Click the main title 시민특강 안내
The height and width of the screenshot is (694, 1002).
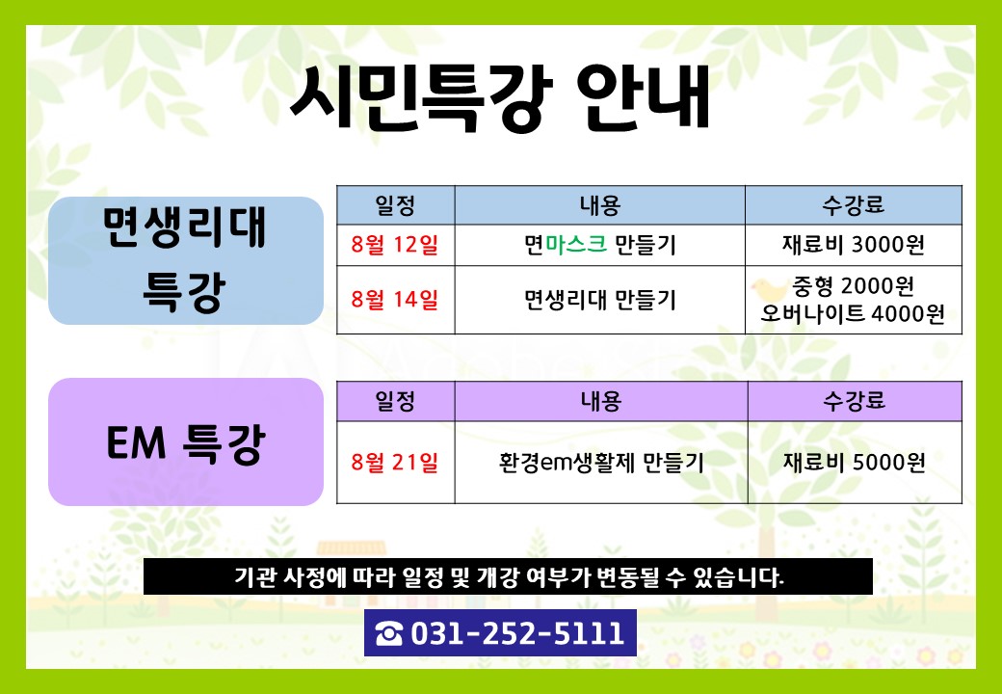click(x=500, y=99)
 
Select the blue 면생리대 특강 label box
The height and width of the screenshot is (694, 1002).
click(x=186, y=260)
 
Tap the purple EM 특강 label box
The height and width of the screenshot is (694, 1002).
click(x=186, y=441)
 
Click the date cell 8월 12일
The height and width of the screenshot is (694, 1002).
click(x=395, y=245)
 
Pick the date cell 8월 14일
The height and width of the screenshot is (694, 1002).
click(x=395, y=299)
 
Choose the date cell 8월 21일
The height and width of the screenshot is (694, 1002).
click(x=395, y=462)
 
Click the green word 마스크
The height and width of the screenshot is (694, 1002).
click(x=576, y=244)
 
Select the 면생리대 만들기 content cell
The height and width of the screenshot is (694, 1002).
click(x=600, y=299)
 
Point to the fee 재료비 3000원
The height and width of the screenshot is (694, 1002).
click(x=853, y=245)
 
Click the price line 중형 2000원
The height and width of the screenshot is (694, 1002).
click(x=853, y=286)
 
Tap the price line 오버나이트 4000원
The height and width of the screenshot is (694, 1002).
click(x=853, y=314)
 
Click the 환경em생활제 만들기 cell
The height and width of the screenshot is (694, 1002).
click(x=600, y=462)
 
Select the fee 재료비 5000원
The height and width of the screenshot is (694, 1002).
click(x=855, y=462)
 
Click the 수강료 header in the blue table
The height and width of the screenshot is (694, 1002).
click(x=853, y=205)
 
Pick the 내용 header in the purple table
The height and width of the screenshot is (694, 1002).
click(x=600, y=401)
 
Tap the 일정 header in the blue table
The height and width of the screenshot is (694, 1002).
click(x=395, y=205)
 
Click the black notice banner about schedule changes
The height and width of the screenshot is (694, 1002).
click(x=508, y=577)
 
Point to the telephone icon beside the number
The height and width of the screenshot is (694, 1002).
click(x=389, y=634)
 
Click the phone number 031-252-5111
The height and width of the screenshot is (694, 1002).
click(x=517, y=633)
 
